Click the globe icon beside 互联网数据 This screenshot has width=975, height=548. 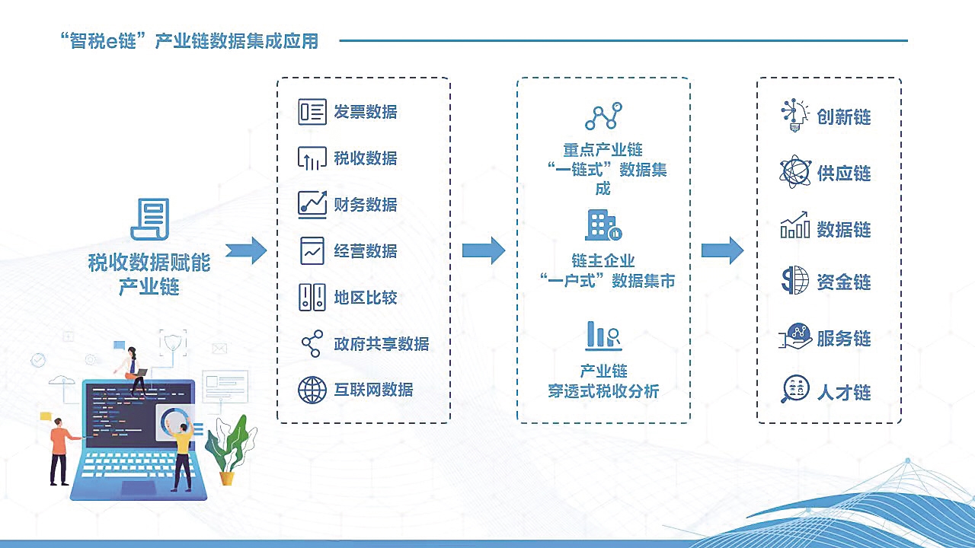(312, 390)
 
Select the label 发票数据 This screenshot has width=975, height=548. (365, 112)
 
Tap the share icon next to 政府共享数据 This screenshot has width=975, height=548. (312, 343)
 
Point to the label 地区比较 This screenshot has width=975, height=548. (365, 298)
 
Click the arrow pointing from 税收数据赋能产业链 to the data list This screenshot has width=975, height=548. (246, 250)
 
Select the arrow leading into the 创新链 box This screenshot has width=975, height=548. (723, 250)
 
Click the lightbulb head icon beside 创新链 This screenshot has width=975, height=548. (794, 115)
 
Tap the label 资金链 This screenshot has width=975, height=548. (843, 282)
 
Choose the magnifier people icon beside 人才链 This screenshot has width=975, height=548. (794, 389)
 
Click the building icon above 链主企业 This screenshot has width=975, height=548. (603, 225)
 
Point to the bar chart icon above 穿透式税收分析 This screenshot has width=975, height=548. (603, 336)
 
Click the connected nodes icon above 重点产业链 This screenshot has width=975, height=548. (603, 116)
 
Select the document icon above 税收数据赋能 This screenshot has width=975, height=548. (150, 219)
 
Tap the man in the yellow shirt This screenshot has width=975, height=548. (182, 454)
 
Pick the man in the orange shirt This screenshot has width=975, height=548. (61, 451)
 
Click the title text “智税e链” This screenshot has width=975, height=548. (104, 41)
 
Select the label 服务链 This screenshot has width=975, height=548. (843, 339)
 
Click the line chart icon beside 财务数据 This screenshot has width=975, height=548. (312, 205)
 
